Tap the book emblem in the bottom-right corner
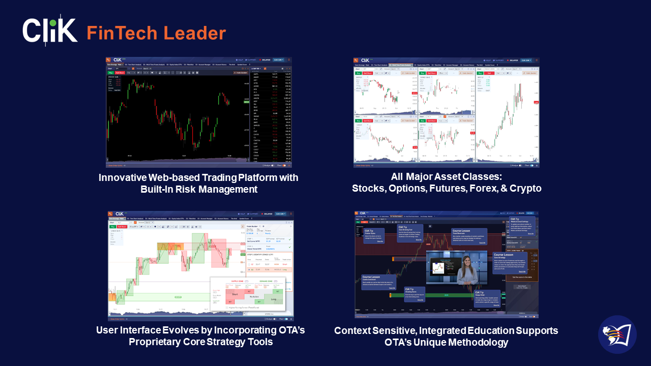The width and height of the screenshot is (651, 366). [617, 334]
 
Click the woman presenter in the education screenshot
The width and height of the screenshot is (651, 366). [467, 269]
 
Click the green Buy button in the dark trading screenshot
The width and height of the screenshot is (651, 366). [110, 73]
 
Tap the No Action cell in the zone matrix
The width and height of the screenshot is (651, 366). [253, 296]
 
